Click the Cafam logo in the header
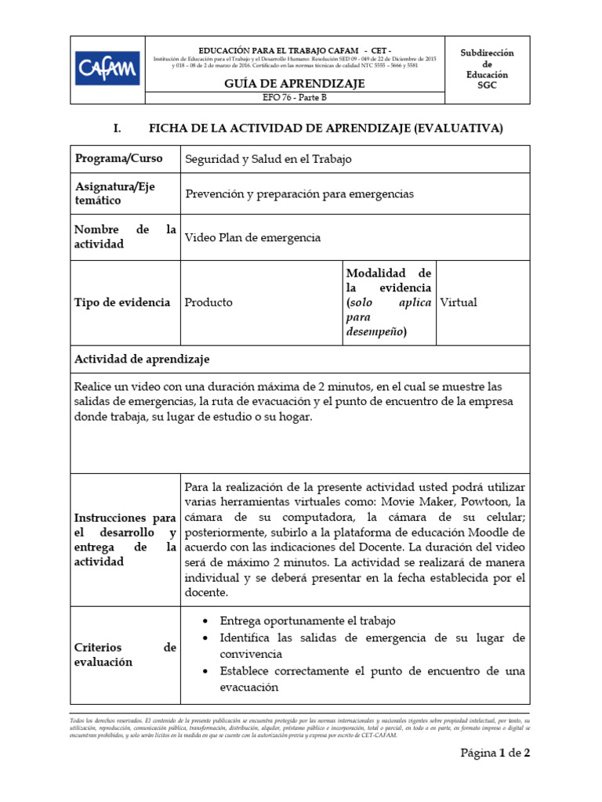tap(107, 68)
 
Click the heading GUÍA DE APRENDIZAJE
tap(295, 84)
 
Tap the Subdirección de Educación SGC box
tap(487, 69)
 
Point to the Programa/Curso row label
tap(118, 158)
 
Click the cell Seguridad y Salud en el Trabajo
tap(268, 159)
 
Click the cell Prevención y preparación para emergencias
tap(299, 193)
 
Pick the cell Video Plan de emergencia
tap(252, 237)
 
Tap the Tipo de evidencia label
tap(121, 302)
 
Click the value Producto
tap(209, 302)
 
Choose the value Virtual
tap(459, 302)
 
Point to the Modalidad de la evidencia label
tap(388, 302)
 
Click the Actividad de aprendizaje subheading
tap(141, 359)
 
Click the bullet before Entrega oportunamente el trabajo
tap(205, 621)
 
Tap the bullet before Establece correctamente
tap(205, 673)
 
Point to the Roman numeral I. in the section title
tap(119, 128)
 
